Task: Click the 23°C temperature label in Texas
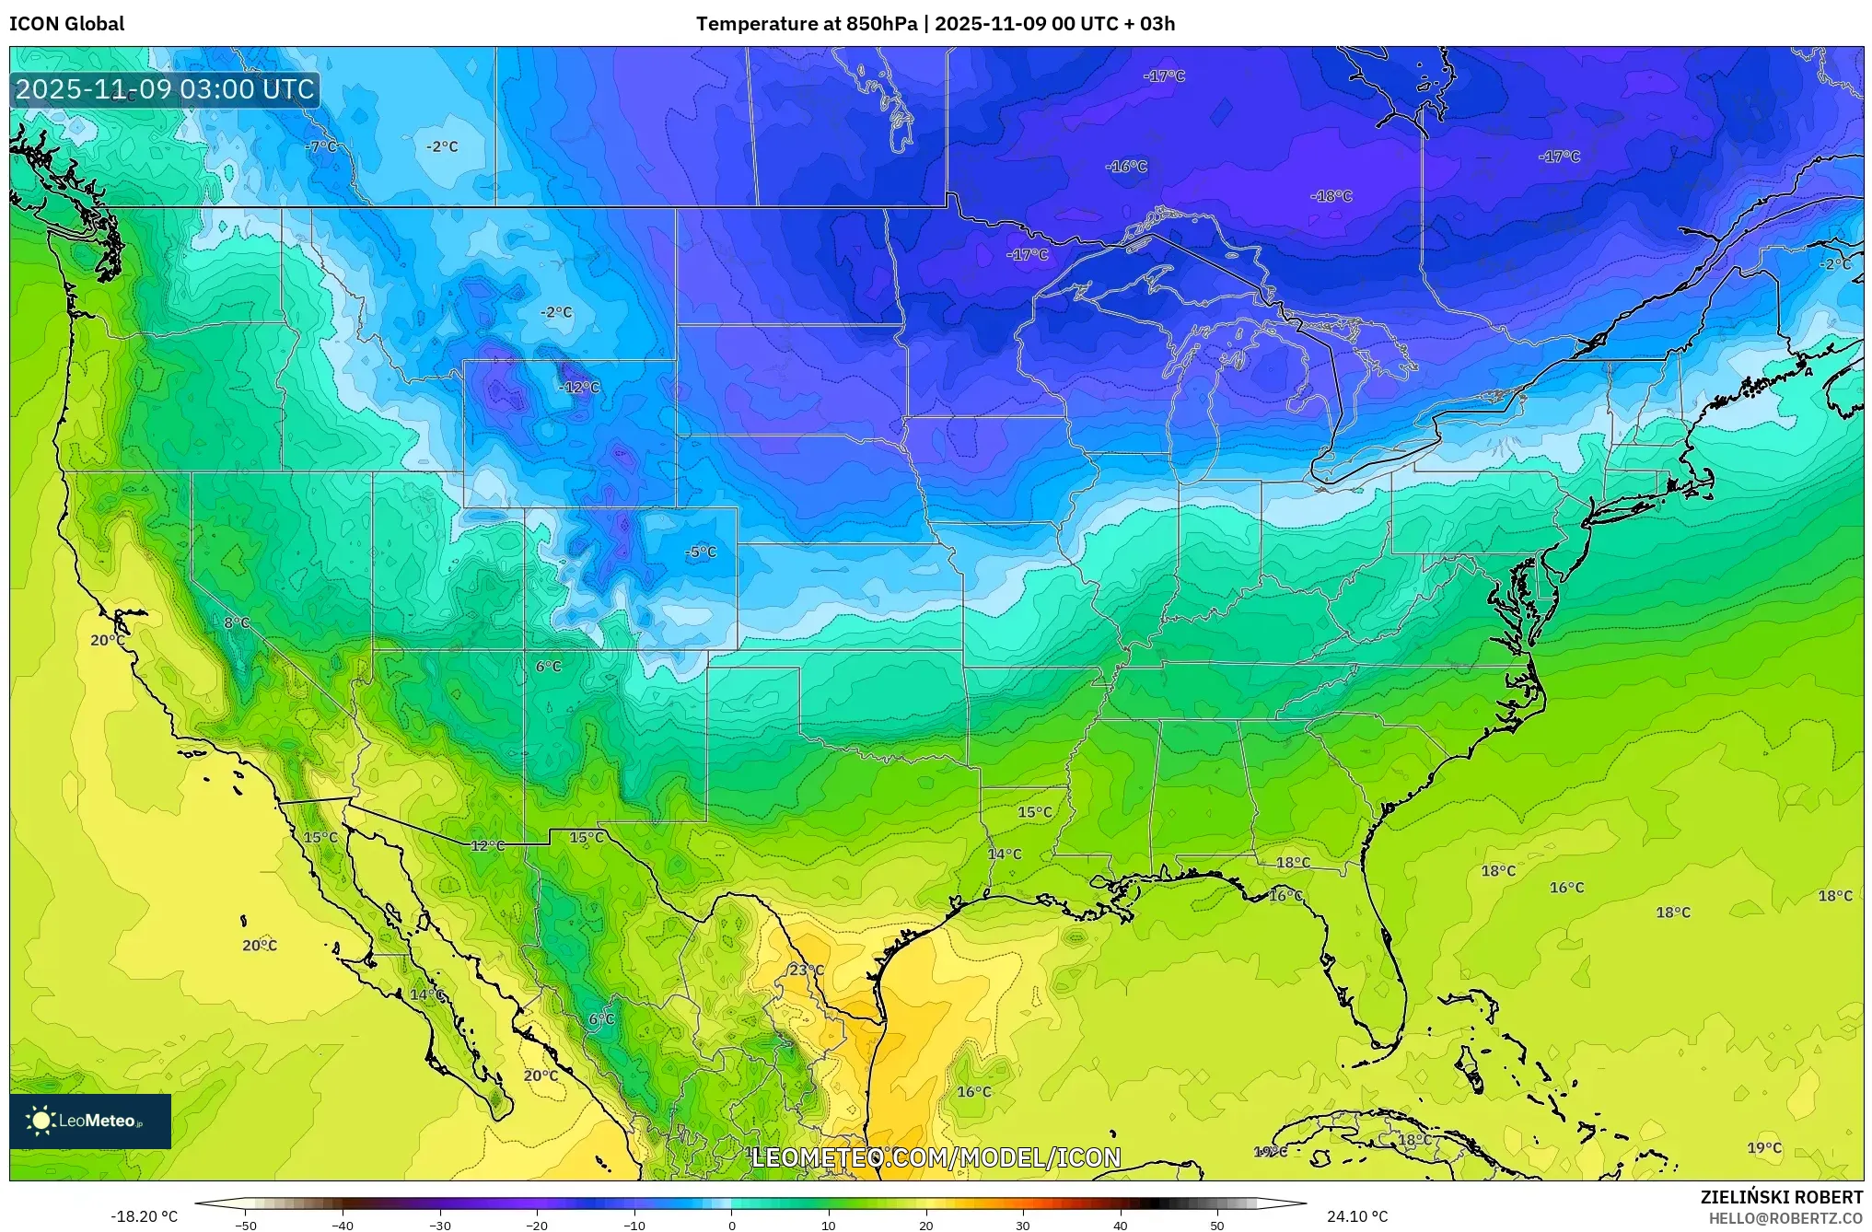[806, 970]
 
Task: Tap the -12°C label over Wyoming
[579, 388]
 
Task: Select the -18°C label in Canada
[1331, 196]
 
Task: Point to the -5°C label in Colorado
[701, 552]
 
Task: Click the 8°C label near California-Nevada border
[237, 623]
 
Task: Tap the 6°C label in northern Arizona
[548, 667]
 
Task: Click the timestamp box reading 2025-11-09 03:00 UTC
[165, 89]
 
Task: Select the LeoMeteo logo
[89, 1121]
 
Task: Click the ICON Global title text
[66, 24]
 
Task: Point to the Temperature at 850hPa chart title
[935, 24]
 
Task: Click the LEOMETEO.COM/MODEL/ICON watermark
[936, 1157]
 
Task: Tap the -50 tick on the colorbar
[246, 1226]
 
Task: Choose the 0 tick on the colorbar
[731, 1226]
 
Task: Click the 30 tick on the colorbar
[1022, 1226]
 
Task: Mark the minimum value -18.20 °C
[144, 1216]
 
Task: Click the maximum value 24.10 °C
[1356, 1216]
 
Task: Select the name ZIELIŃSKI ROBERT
[1781, 1197]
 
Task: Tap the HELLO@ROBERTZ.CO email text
[1785, 1218]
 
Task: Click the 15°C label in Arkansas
[1034, 812]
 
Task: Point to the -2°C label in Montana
[556, 313]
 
